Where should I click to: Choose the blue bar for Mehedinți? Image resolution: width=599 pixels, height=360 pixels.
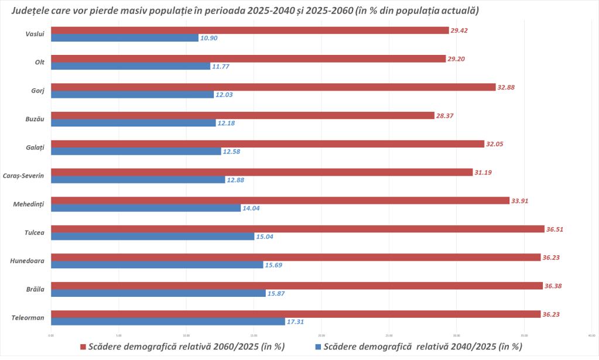tap(146, 208)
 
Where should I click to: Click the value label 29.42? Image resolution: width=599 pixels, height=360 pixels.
tap(460, 30)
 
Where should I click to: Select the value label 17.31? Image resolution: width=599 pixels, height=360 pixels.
tap(296, 322)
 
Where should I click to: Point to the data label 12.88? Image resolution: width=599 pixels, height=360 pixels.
tap(236, 180)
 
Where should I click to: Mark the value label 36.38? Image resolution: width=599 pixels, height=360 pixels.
tap(553, 286)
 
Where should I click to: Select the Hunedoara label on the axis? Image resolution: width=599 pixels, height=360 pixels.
tap(28, 260)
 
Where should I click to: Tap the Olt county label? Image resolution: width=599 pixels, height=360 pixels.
tap(40, 62)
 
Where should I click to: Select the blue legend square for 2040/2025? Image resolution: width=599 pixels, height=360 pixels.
tap(319, 347)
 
